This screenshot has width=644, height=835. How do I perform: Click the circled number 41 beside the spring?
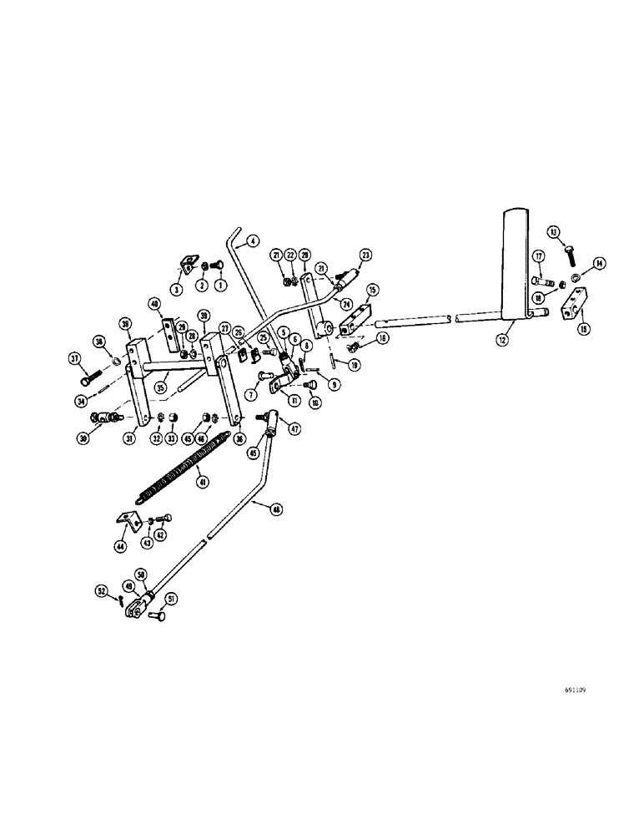[201, 481]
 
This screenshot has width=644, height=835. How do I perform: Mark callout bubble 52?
[102, 592]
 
